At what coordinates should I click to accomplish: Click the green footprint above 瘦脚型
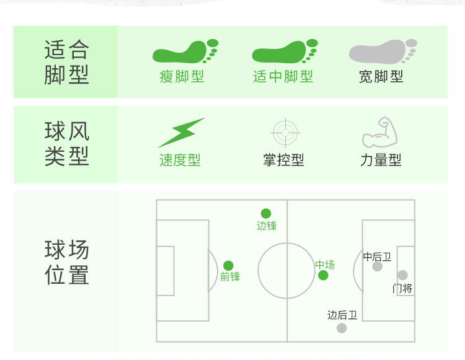185,51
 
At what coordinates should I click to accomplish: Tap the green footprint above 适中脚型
284,51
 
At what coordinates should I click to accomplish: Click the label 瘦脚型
182,77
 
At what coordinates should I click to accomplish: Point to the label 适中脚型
283,77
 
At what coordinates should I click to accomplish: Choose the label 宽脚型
381,77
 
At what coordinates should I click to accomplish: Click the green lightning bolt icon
181,132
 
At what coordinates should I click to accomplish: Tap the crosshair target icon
286,132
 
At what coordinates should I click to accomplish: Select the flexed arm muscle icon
379,132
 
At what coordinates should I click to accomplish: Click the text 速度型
180,160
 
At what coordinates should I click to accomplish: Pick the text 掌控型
283,160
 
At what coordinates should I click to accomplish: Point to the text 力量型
381,160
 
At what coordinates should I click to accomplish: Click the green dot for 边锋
266,214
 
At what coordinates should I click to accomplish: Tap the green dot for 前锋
228,266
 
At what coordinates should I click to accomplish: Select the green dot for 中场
323,275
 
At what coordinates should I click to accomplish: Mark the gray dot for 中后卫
378,266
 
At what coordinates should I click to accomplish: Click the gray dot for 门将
402,275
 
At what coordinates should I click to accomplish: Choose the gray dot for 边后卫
342,328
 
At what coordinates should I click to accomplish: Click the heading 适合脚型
66,61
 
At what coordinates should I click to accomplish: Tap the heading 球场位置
66,263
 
